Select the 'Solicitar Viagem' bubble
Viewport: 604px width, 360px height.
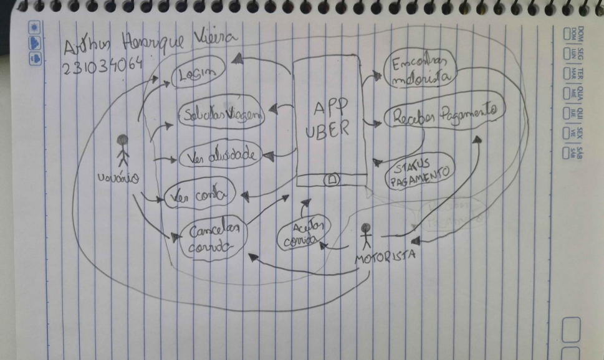pyautogui.click(x=222, y=114)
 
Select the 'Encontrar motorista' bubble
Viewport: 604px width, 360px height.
pyautogui.click(x=421, y=70)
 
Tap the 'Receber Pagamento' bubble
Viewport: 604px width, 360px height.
pyautogui.click(x=443, y=115)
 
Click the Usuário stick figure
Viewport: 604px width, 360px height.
pyautogui.click(x=123, y=151)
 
